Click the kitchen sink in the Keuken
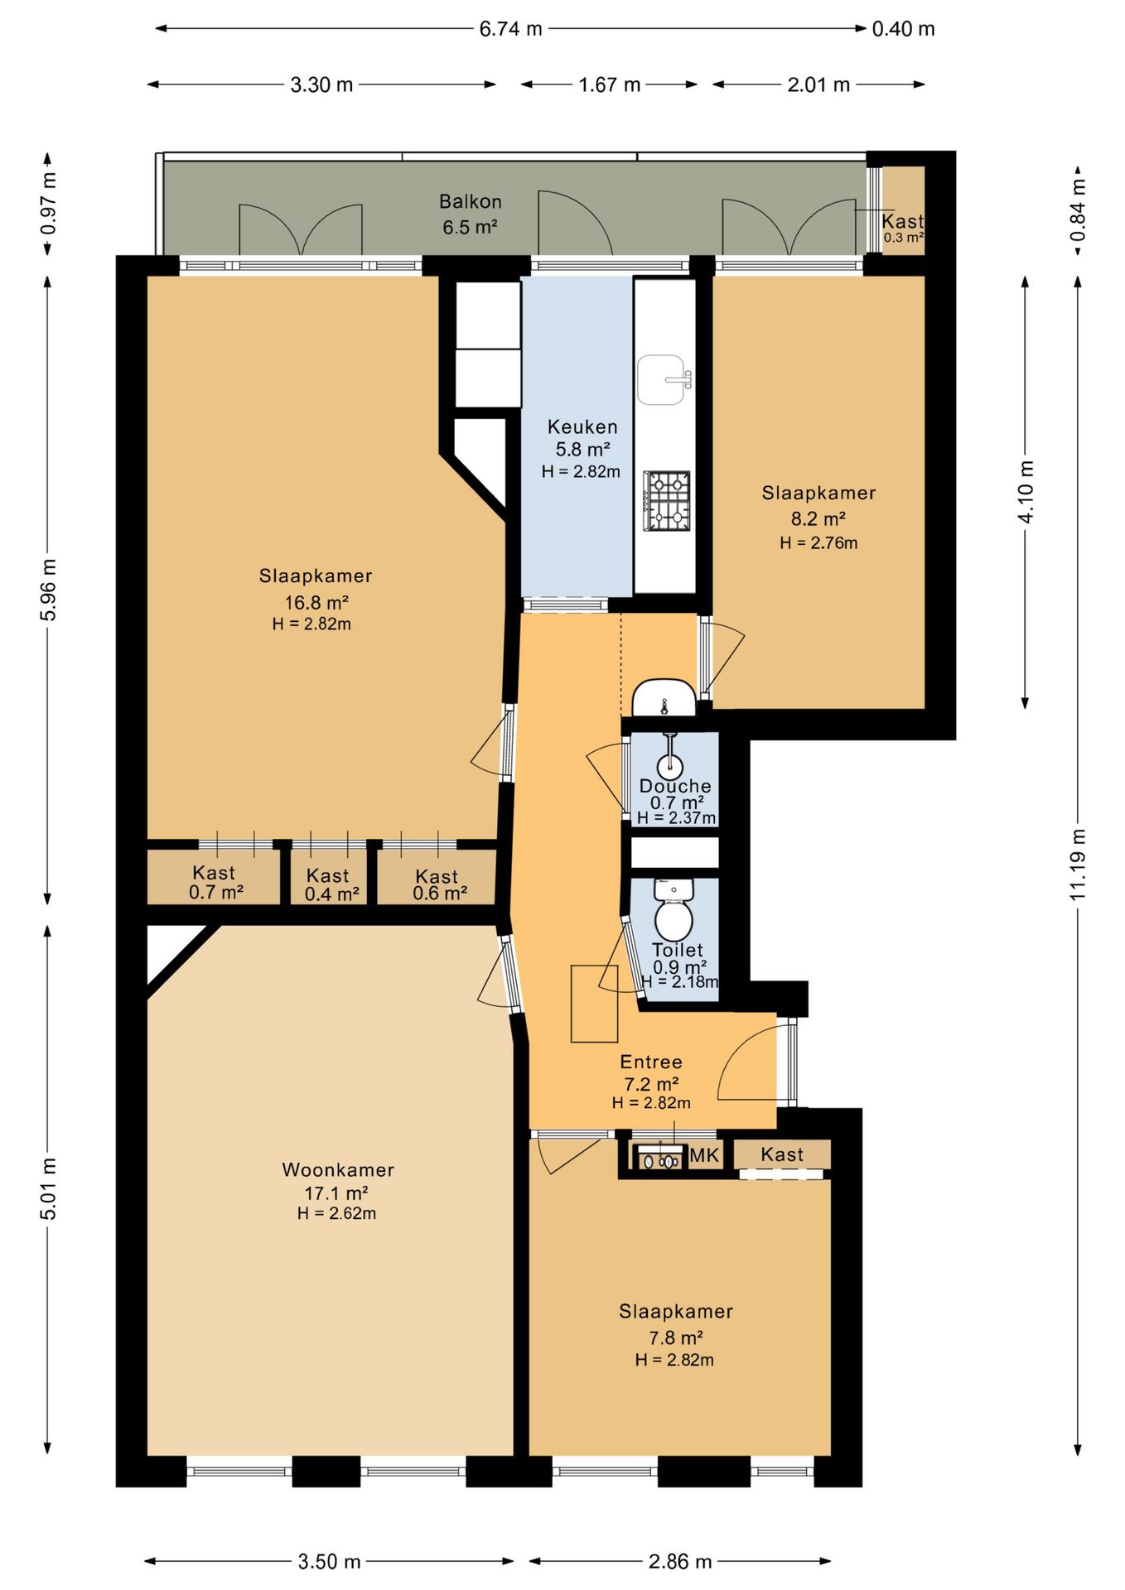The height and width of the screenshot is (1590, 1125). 664,380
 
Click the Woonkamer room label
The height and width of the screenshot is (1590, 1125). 338,1169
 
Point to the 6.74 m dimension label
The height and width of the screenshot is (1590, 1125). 510,29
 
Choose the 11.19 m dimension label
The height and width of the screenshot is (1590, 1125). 1077,864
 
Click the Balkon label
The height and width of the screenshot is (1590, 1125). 471,201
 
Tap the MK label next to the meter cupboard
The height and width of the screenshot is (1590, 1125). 704,1154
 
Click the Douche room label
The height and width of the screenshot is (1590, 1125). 675,786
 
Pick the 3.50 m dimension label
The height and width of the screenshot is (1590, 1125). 330,1562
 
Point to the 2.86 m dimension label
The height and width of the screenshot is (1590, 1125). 680,1562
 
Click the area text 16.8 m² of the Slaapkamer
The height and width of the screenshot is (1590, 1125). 316,602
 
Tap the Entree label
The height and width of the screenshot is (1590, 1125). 651,1062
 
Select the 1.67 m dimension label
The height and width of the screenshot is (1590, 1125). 610,84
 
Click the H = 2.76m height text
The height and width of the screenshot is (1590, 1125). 818,543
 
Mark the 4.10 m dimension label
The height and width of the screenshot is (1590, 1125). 1026,492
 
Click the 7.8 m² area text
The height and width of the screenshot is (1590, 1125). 676,1337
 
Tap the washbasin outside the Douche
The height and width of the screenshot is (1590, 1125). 664,697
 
